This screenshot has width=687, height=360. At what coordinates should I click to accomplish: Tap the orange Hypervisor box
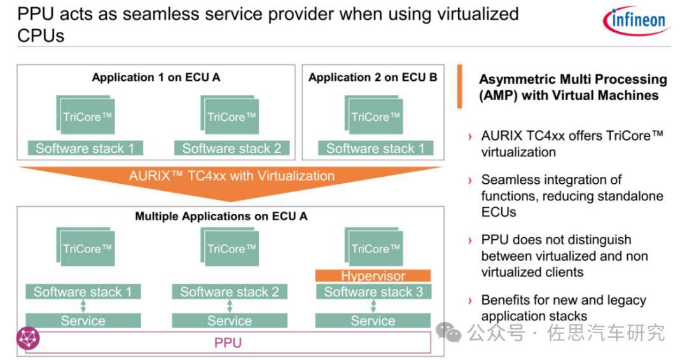(x=373, y=276)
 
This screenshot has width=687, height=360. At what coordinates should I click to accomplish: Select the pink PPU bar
(x=228, y=343)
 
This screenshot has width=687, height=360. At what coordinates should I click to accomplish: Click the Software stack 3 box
(x=373, y=292)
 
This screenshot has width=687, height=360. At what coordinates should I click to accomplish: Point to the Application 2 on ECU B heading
(x=373, y=78)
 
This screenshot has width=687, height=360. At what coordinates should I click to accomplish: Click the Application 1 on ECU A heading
(x=156, y=78)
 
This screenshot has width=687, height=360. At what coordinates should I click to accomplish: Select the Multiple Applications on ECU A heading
(x=221, y=216)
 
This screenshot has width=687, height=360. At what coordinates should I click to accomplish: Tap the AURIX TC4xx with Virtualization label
(x=232, y=176)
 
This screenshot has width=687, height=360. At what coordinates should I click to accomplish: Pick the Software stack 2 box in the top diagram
(x=232, y=149)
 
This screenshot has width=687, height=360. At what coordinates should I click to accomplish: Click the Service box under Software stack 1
(x=83, y=321)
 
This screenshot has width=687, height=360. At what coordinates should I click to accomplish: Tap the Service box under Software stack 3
(x=373, y=321)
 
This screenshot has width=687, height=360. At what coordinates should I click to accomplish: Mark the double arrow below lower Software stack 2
(x=230, y=307)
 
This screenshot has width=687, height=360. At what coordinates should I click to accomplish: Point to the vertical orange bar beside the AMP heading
(x=459, y=86)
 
